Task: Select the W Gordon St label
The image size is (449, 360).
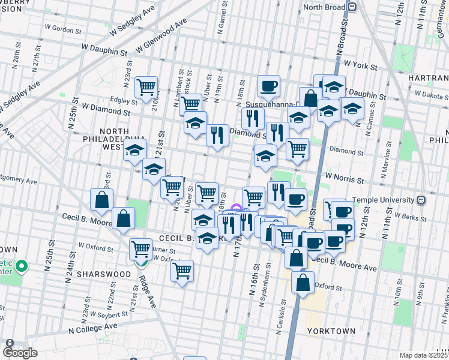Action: (63, 29)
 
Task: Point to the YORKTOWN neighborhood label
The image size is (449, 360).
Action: (331, 331)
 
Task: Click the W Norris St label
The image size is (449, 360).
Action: (345, 179)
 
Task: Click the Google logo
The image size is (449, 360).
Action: (20, 353)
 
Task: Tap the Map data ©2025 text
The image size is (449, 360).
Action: (424, 355)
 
